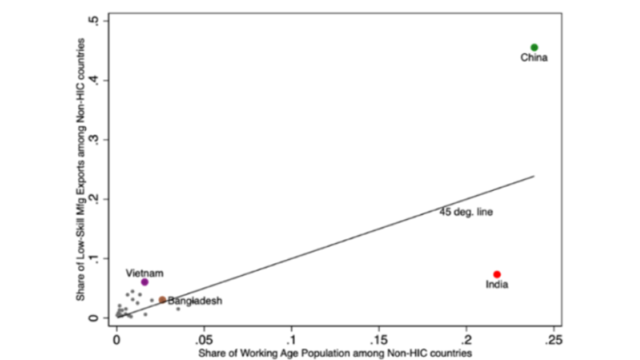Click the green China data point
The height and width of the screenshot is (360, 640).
click(534, 47)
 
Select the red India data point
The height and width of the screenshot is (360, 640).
click(497, 274)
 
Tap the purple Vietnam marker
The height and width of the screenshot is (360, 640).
click(144, 282)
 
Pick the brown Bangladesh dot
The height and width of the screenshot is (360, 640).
click(162, 300)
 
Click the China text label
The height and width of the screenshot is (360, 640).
click(534, 58)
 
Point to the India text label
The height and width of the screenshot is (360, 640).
click(497, 286)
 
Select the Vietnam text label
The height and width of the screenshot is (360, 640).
click(144, 272)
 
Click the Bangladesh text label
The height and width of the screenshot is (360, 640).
click(195, 301)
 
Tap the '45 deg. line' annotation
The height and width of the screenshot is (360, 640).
click(466, 212)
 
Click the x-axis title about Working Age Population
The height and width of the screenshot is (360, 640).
click(335, 353)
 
